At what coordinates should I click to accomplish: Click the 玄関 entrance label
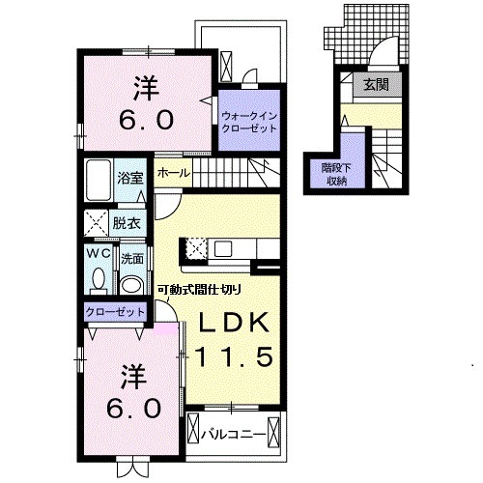(x=376, y=85)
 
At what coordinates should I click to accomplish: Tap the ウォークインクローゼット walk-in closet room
(x=249, y=120)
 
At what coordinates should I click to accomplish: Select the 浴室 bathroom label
(x=130, y=178)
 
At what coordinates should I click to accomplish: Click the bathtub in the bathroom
(x=99, y=180)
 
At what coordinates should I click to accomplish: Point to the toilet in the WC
(x=99, y=281)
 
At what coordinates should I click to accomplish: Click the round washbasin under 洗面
(x=131, y=285)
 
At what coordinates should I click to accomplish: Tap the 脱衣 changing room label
(x=127, y=223)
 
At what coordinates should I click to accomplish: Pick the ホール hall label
(x=174, y=173)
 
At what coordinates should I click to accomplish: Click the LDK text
(x=234, y=323)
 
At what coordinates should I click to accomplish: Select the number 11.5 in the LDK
(x=234, y=356)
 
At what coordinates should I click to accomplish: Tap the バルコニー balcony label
(x=234, y=435)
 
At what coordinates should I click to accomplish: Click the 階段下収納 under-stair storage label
(x=336, y=175)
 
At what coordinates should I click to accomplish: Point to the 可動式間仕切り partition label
(x=199, y=290)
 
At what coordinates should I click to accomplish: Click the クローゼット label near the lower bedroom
(x=115, y=312)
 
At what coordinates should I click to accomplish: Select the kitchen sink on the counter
(x=223, y=248)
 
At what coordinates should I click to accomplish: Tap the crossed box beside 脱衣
(x=96, y=223)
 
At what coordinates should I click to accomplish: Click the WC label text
(x=99, y=254)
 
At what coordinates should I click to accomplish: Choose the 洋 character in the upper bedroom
(x=147, y=89)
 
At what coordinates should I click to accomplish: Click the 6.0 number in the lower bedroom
(x=133, y=409)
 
